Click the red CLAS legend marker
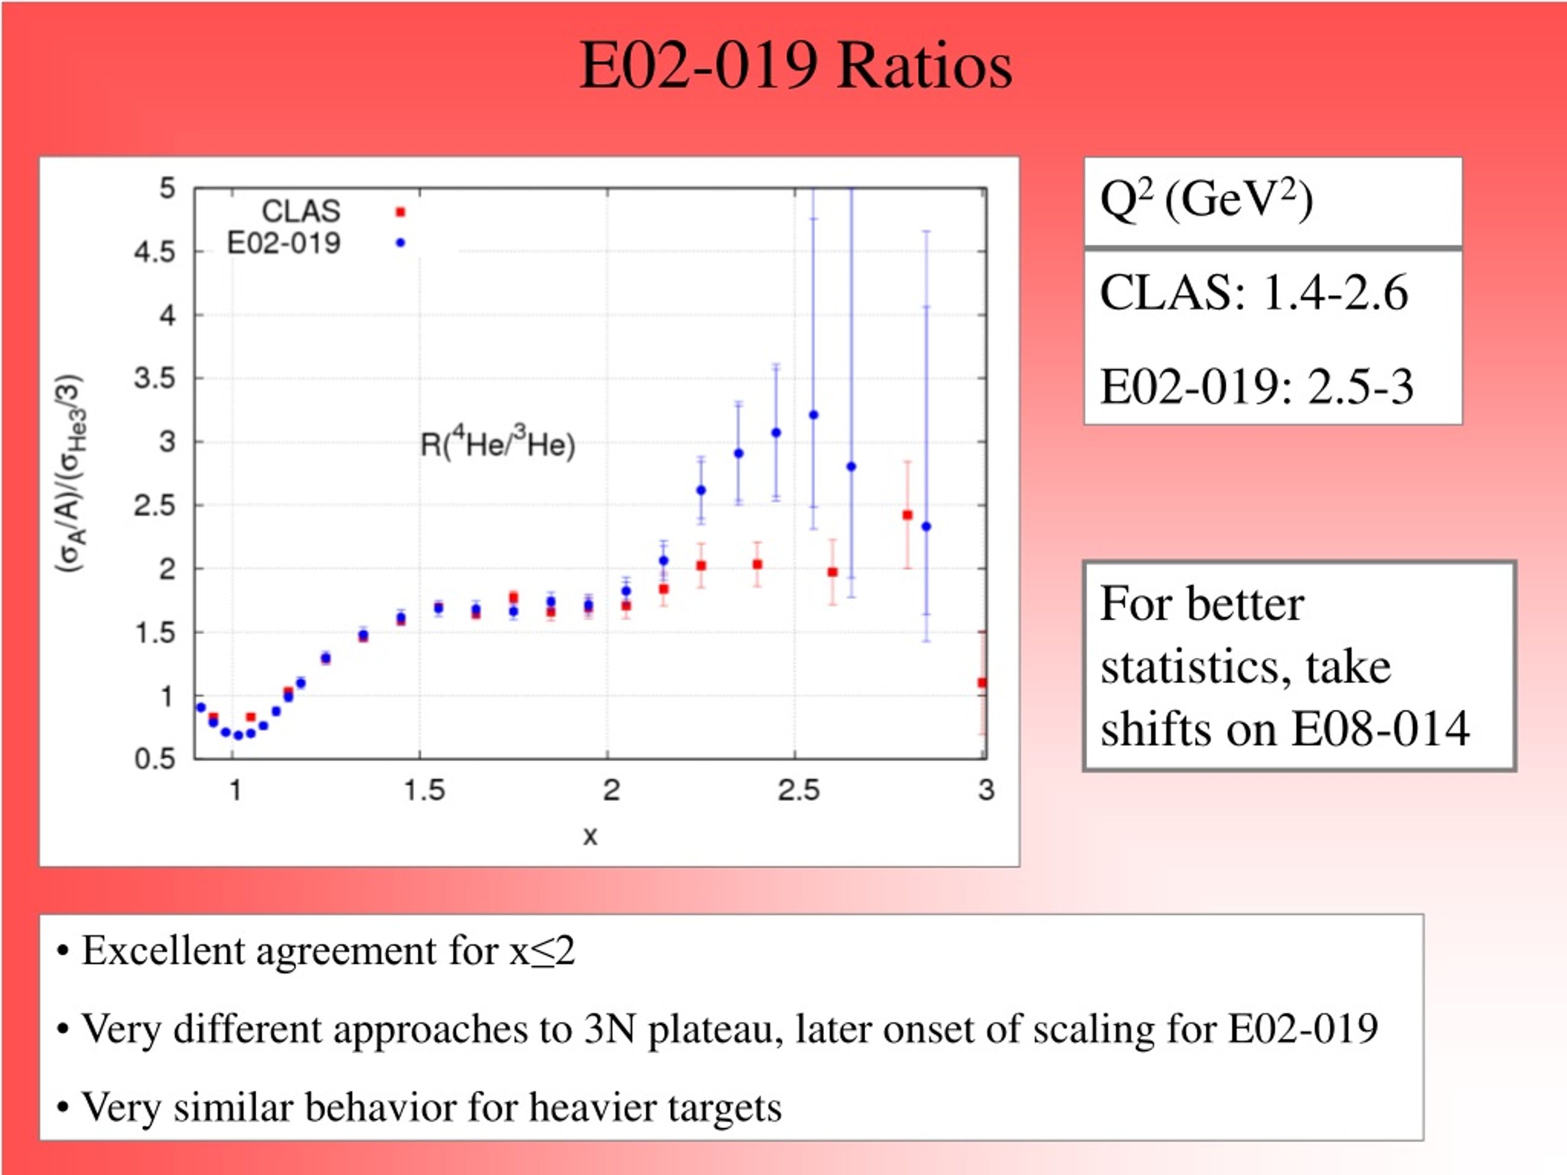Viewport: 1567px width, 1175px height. (400, 212)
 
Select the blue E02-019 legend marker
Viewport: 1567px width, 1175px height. (400, 243)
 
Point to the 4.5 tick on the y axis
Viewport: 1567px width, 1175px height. (154, 252)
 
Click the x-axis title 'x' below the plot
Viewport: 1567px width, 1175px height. (590, 837)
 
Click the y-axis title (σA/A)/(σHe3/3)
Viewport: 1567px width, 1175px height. (72, 473)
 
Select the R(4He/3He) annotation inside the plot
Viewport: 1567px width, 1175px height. (497, 442)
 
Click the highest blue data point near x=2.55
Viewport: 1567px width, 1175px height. (813, 415)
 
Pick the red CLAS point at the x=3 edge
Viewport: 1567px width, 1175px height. (982, 683)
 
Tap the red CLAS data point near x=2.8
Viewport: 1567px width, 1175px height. (908, 515)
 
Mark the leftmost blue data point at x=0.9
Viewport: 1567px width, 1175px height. (201, 707)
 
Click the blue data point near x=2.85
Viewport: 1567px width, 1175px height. (926, 526)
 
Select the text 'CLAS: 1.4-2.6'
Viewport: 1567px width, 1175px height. (1254, 293)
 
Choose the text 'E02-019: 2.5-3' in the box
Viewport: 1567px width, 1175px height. (1257, 387)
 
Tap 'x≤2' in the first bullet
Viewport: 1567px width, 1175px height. (542, 950)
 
